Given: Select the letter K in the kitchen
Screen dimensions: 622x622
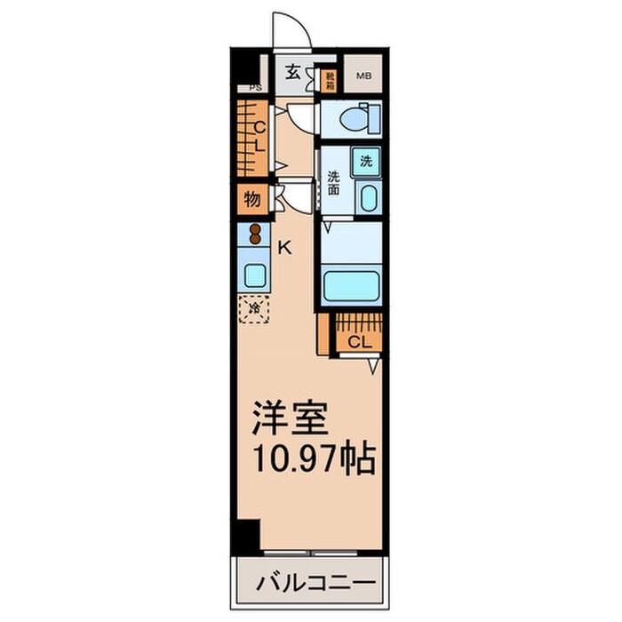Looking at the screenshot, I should (x=285, y=249).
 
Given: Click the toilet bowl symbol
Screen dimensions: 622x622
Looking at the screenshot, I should (x=359, y=117).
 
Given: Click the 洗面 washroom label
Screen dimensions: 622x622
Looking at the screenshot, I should (x=334, y=182).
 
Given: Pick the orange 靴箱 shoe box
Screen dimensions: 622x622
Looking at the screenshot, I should (x=329, y=83).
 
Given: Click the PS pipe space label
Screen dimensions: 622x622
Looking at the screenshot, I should (x=255, y=87).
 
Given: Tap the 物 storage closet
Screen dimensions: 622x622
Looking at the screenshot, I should (x=252, y=199).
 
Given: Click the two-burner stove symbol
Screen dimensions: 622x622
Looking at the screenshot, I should (x=256, y=235).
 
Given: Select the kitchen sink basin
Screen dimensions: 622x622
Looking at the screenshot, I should (x=256, y=275).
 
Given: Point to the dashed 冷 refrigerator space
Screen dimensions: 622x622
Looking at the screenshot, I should (x=256, y=308).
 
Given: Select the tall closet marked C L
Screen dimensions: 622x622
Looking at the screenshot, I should (x=251, y=137).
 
